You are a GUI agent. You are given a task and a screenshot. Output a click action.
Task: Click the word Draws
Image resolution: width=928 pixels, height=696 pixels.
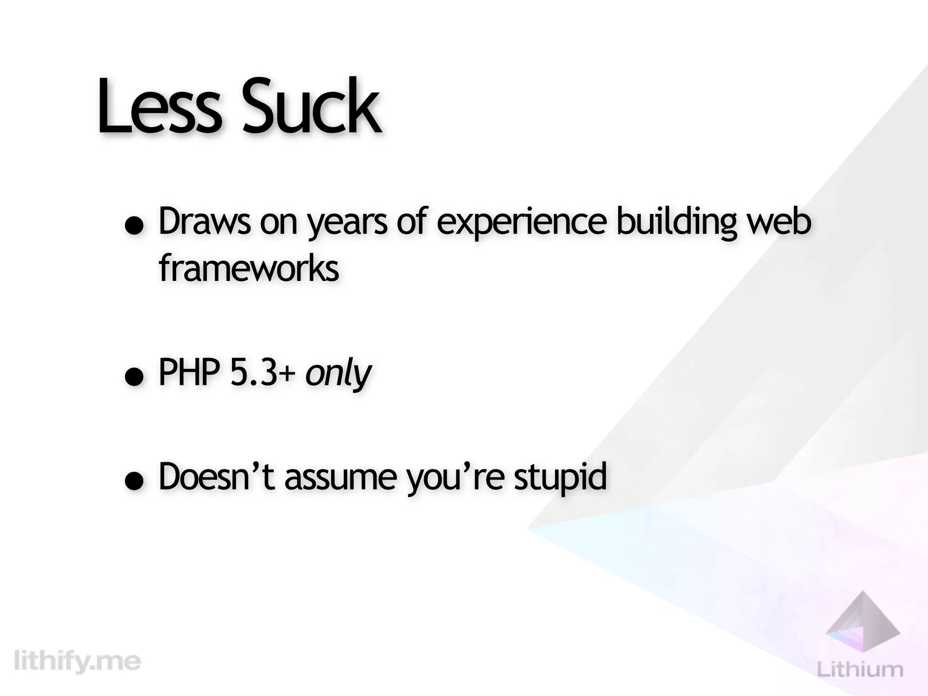pos(204,222)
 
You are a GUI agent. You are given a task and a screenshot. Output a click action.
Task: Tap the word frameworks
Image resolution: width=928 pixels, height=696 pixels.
pos(249,268)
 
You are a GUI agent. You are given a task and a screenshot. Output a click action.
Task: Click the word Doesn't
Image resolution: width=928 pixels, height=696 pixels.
pos(217,477)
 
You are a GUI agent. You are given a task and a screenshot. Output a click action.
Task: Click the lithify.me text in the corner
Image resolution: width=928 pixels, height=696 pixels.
pos(77,662)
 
